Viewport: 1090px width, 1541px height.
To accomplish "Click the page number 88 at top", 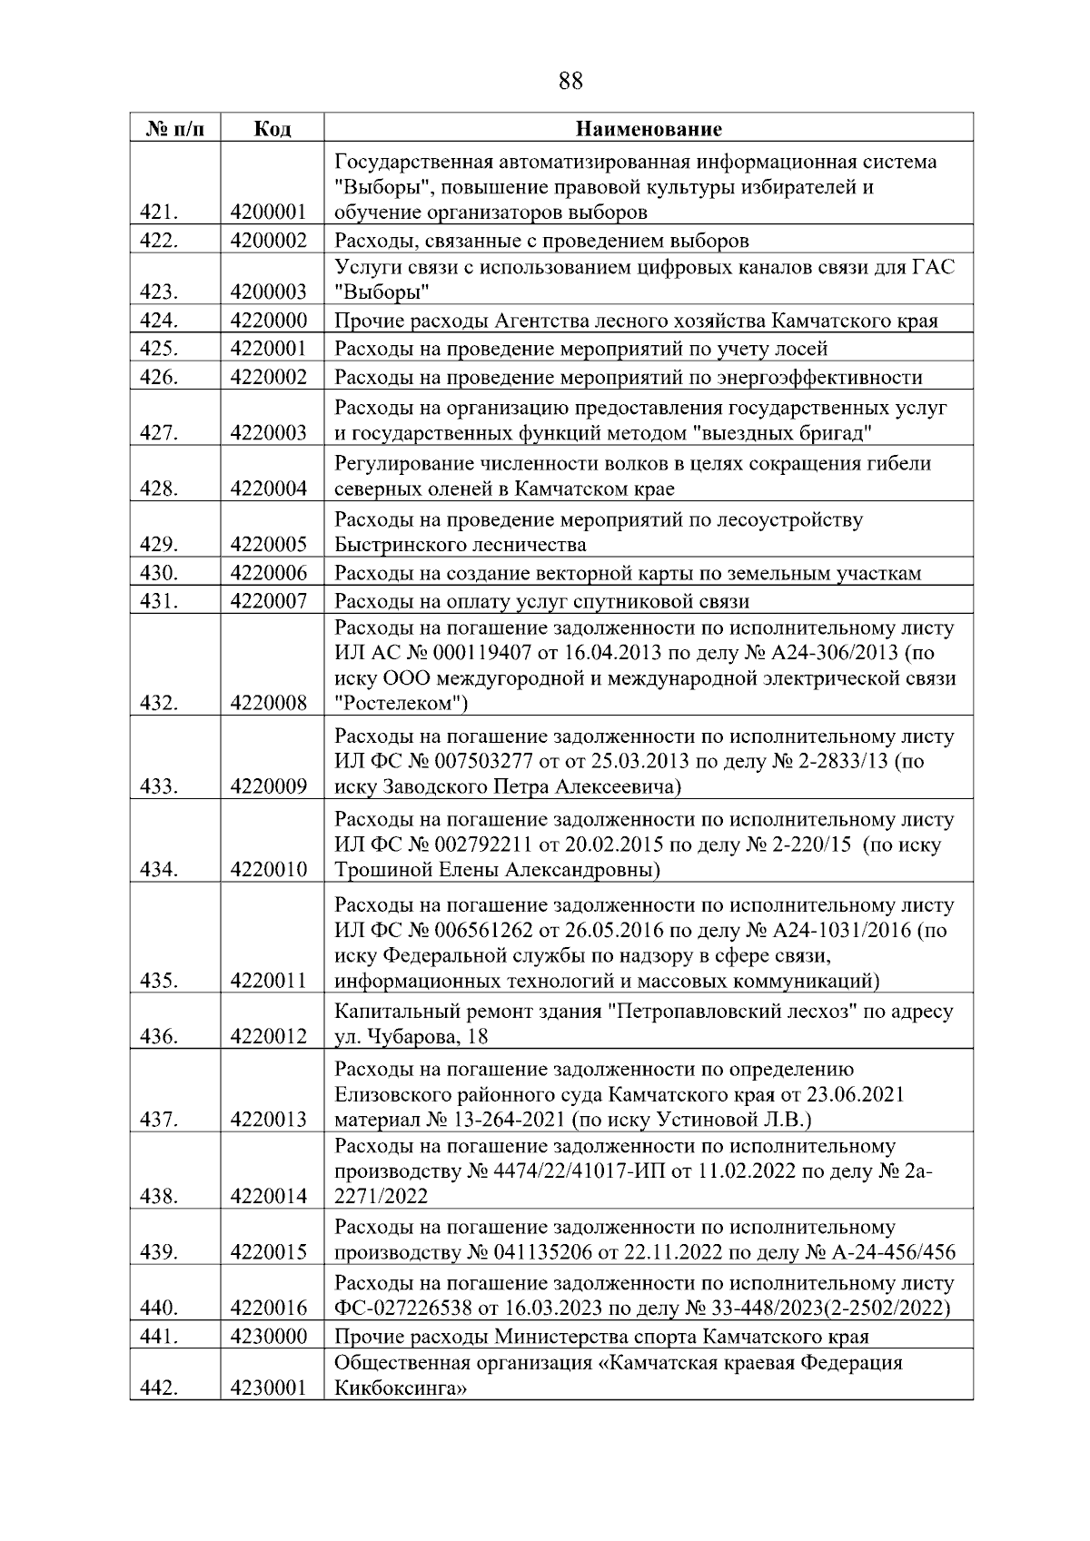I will (x=570, y=82).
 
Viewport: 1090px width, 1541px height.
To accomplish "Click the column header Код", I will (x=272, y=129).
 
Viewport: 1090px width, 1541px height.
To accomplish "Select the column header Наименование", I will (x=649, y=129).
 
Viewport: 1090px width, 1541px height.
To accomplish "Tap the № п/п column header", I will (x=174, y=129).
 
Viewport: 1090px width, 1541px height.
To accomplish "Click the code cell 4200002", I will (x=269, y=241).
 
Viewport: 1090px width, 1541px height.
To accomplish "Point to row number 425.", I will (x=159, y=349).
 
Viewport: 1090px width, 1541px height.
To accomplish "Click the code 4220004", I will (x=269, y=489).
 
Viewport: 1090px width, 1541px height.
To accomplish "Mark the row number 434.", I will (x=159, y=870).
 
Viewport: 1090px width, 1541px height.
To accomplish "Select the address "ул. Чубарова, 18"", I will (x=411, y=1037).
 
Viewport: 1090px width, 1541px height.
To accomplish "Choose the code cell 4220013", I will (x=269, y=1120).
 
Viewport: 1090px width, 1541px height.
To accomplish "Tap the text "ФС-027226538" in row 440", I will (x=396, y=1309).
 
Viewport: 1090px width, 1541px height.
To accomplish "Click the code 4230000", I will (x=269, y=1337).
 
